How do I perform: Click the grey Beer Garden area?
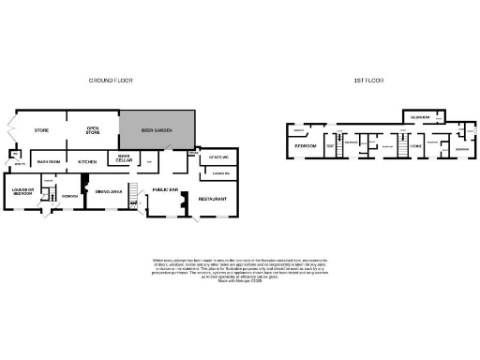157,130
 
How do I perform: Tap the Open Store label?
93,130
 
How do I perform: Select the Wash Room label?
49,162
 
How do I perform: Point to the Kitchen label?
88,162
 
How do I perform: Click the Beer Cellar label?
123,159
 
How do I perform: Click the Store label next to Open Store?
41,130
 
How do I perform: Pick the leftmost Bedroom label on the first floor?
306,147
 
